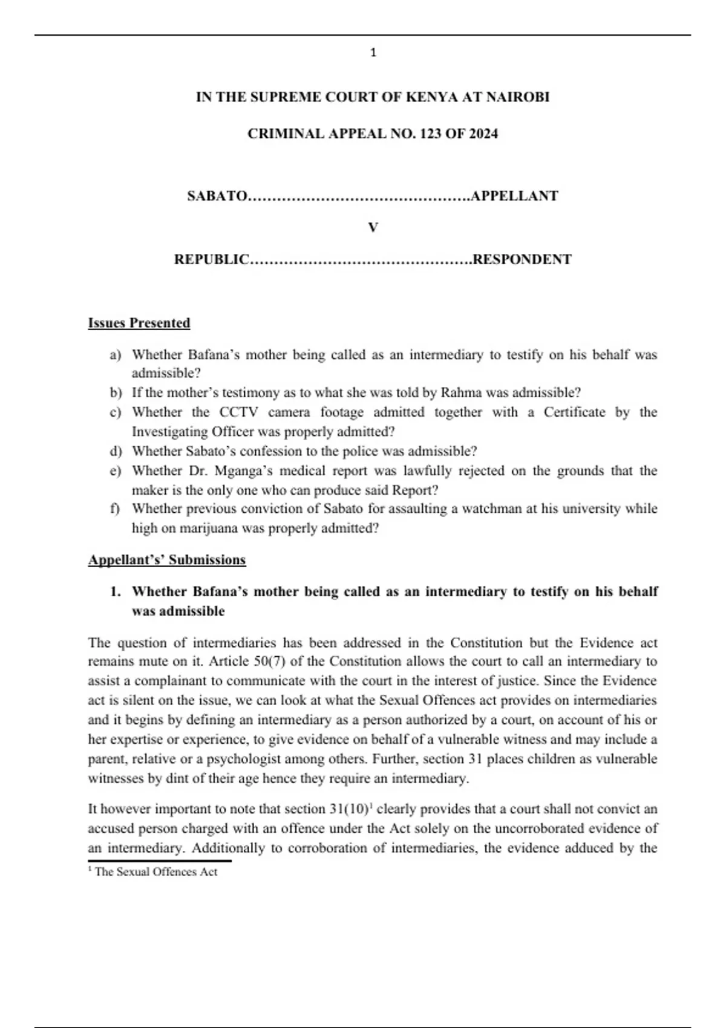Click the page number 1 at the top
coord(373,53)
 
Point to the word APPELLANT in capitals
coord(514,196)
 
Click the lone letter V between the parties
coord(373,227)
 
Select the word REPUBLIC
coord(212,259)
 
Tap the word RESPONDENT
coord(522,259)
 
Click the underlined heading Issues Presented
coord(139,323)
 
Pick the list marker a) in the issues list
coord(115,355)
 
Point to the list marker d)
coord(116,451)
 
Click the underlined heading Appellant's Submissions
coord(167,560)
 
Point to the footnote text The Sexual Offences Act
coord(155,872)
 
